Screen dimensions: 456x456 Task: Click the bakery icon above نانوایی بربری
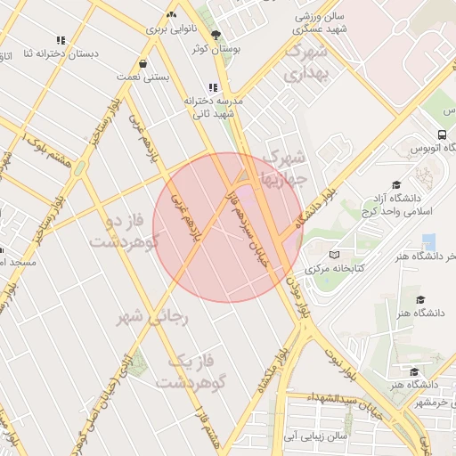(171, 15)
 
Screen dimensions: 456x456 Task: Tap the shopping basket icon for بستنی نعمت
(143, 64)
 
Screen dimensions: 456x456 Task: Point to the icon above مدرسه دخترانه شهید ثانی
(212, 87)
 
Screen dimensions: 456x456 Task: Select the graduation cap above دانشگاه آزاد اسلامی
(371, 183)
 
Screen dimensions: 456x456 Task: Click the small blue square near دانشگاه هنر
(429, 242)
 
